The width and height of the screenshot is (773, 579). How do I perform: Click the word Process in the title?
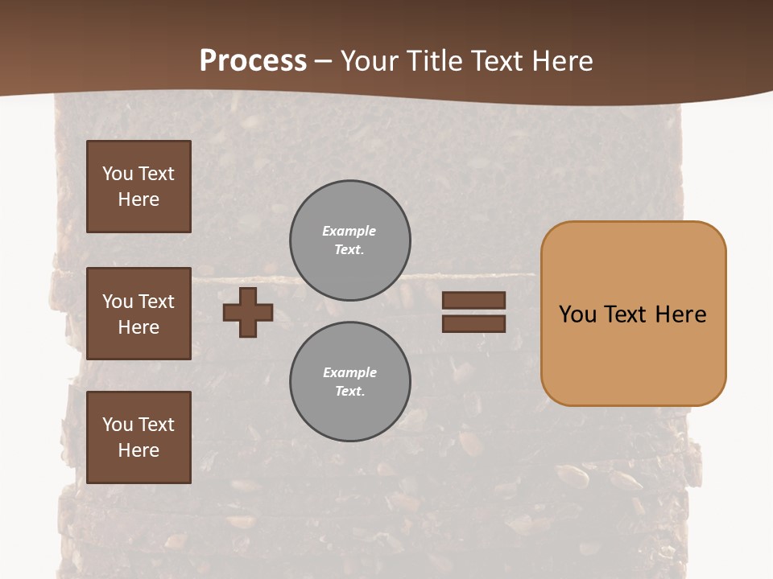tap(253, 61)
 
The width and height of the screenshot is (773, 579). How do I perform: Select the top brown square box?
tap(138, 187)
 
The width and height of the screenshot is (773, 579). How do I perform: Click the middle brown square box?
tap(138, 314)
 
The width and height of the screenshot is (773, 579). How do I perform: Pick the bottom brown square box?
tap(138, 437)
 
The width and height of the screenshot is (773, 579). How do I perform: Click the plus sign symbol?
tap(248, 312)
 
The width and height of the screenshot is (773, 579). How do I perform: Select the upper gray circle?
tap(350, 240)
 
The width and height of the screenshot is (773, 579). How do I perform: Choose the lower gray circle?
tap(350, 382)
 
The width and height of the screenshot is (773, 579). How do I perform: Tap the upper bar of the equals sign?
tap(473, 301)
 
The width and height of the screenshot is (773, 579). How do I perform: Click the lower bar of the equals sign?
tap(473, 324)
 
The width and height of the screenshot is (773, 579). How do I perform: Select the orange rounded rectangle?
tap(633, 314)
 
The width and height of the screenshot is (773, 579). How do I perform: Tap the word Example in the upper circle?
tap(349, 231)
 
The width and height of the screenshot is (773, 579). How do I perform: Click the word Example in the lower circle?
tap(349, 372)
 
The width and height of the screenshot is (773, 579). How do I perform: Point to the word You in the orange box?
tap(577, 314)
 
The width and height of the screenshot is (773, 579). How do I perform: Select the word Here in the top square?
tap(138, 199)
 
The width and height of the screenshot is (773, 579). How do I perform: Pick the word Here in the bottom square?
tap(138, 450)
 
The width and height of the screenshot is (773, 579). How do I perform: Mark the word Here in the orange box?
tap(681, 314)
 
